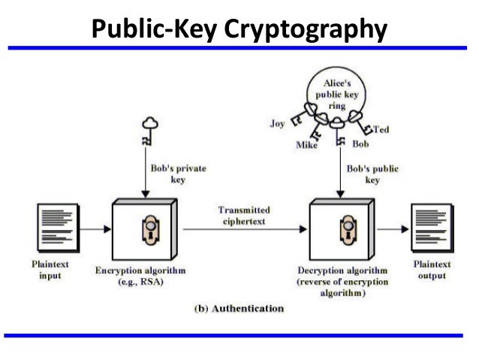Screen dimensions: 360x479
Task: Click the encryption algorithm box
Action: click(143, 228)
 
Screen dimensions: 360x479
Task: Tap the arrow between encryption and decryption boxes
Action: click(242, 228)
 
